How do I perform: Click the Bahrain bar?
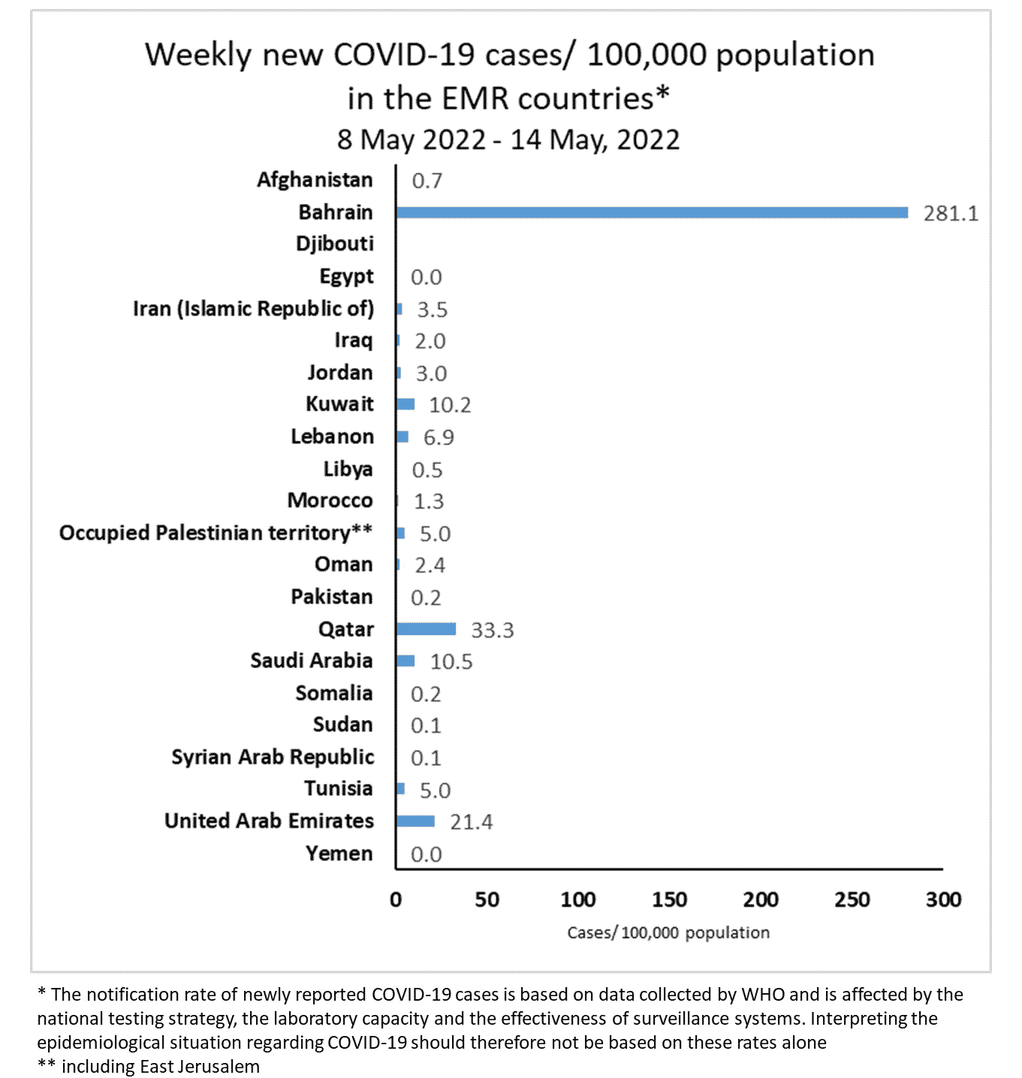click(x=652, y=212)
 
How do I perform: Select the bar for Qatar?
click(x=426, y=629)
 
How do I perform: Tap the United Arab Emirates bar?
click(x=415, y=821)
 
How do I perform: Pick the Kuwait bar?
click(x=405, y=405)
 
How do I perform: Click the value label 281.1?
click(x=951, y=214)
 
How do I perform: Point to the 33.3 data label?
click(x=492, y=631)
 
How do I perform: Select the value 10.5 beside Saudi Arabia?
click(x=451, y=662)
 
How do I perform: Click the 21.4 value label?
click(x=471, y=823)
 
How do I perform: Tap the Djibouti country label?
click(x=334, y=244)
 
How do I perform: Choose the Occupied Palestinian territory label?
click(x=216, y=533)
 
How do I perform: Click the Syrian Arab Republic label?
click(x=272, y=757)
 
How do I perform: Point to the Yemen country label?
click(x=339, y=854)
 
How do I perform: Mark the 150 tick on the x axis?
click(x=669, y=899)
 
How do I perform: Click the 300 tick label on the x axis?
click(x=943, y=899)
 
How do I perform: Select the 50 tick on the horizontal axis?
click(x=487, y=899)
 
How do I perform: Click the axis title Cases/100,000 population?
click(x=668, y=933)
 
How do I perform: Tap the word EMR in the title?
click(x=477, y=99)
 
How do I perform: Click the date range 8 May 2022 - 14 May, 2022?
click(x=508, y=140)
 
